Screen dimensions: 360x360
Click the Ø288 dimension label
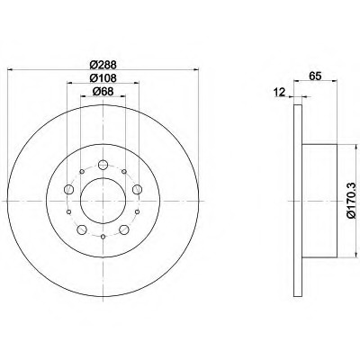(103, 65)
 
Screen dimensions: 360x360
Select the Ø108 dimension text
(103, 78)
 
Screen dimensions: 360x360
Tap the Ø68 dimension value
(103, 91)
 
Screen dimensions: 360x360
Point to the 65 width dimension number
(315, 76)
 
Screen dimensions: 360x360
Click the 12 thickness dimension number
(279, 93)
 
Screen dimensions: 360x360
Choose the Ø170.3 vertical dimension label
(352, 201)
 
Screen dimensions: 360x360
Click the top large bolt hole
(103, 165)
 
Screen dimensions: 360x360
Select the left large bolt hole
(69, 189)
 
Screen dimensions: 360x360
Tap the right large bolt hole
(137, 189)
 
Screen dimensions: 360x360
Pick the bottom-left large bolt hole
(82, 229)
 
